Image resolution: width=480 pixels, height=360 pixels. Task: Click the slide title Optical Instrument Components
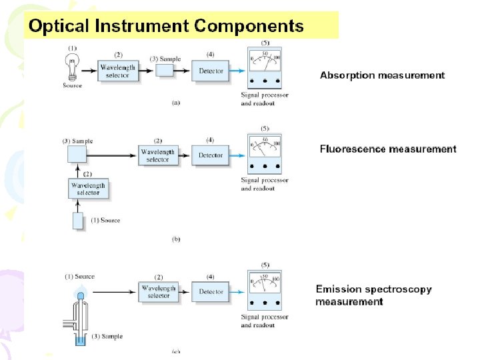pyautogui.click(x=165, y=27)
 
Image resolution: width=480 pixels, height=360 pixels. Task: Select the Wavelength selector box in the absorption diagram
pyautogui.click(x=117, y=71)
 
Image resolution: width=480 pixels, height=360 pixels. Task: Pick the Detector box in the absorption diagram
pyautogui.click(x=211, y=71)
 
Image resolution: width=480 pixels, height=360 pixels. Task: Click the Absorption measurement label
pyautogui.click(x=382, y=75)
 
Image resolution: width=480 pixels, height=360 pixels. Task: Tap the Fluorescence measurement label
pyautogui.click(x=388, y=149)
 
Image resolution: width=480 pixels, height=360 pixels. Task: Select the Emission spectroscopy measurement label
pyautogui.click(x=373, y=295)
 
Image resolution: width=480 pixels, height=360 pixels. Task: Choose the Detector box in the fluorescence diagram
pyautogui.click(x=211, y=155)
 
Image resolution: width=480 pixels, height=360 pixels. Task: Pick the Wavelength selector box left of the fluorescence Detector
pyautogui.click(x=158, y=155)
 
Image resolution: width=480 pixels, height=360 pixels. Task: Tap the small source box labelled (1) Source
pyautogui.click(x=78, y=221)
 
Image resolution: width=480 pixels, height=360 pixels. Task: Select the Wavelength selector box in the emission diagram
pyautogui.click(x=159, y=292)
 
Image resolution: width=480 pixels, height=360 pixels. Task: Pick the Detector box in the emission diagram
pyautogui.click(x=211, y=292)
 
